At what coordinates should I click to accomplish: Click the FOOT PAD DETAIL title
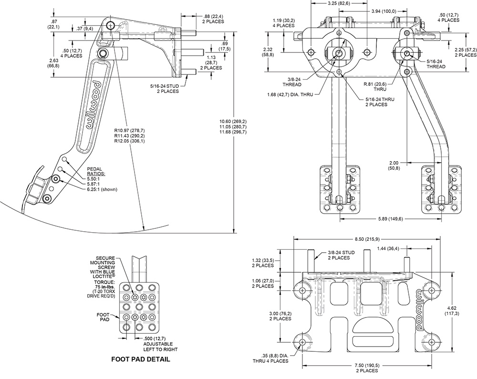point(140,359)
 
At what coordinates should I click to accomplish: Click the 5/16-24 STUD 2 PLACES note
point(164,88)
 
